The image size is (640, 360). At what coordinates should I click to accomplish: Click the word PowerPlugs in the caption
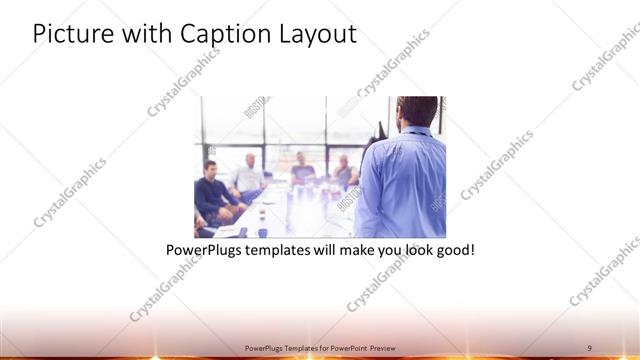click(201, 248)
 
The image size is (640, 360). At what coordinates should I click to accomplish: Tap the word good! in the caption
click(452, 248)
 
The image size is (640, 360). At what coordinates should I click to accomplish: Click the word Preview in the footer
click(408, 347)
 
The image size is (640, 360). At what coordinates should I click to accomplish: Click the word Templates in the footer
click(304, 347)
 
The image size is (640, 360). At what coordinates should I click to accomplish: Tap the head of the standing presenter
click(416, 111)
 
